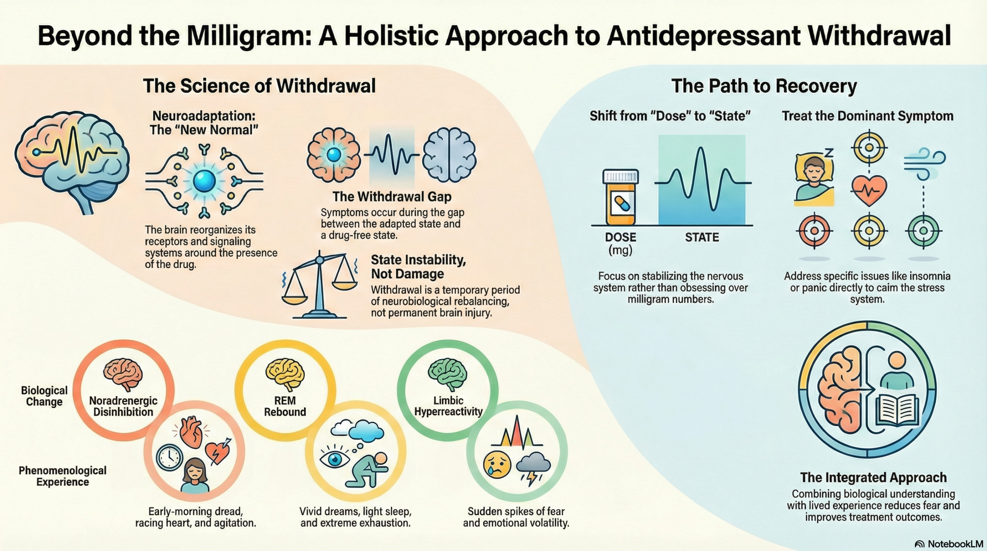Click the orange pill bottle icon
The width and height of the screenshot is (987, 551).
click(x=620, y=197)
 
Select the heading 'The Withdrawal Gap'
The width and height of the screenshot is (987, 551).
click(x=392, y=197)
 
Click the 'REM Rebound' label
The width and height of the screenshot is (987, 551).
click(x=285, y=406)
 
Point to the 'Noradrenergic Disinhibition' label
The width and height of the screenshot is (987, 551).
click(x=123, y=406)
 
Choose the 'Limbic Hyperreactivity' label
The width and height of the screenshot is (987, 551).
click(x=448, y=406)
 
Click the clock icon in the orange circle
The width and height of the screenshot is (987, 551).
click(x=169, y=457)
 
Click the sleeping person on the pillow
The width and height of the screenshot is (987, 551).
click(x=814, y=178)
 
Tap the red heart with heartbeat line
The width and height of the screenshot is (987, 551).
click(x=868, y=190)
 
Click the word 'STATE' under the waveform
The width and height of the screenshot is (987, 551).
click(x=702, y=237)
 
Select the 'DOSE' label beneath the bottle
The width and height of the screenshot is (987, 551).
click(x=620, y=237)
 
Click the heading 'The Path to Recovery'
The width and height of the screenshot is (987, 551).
click(x=764, y=86)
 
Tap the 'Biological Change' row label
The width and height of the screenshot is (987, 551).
click(x=44, y=396)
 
